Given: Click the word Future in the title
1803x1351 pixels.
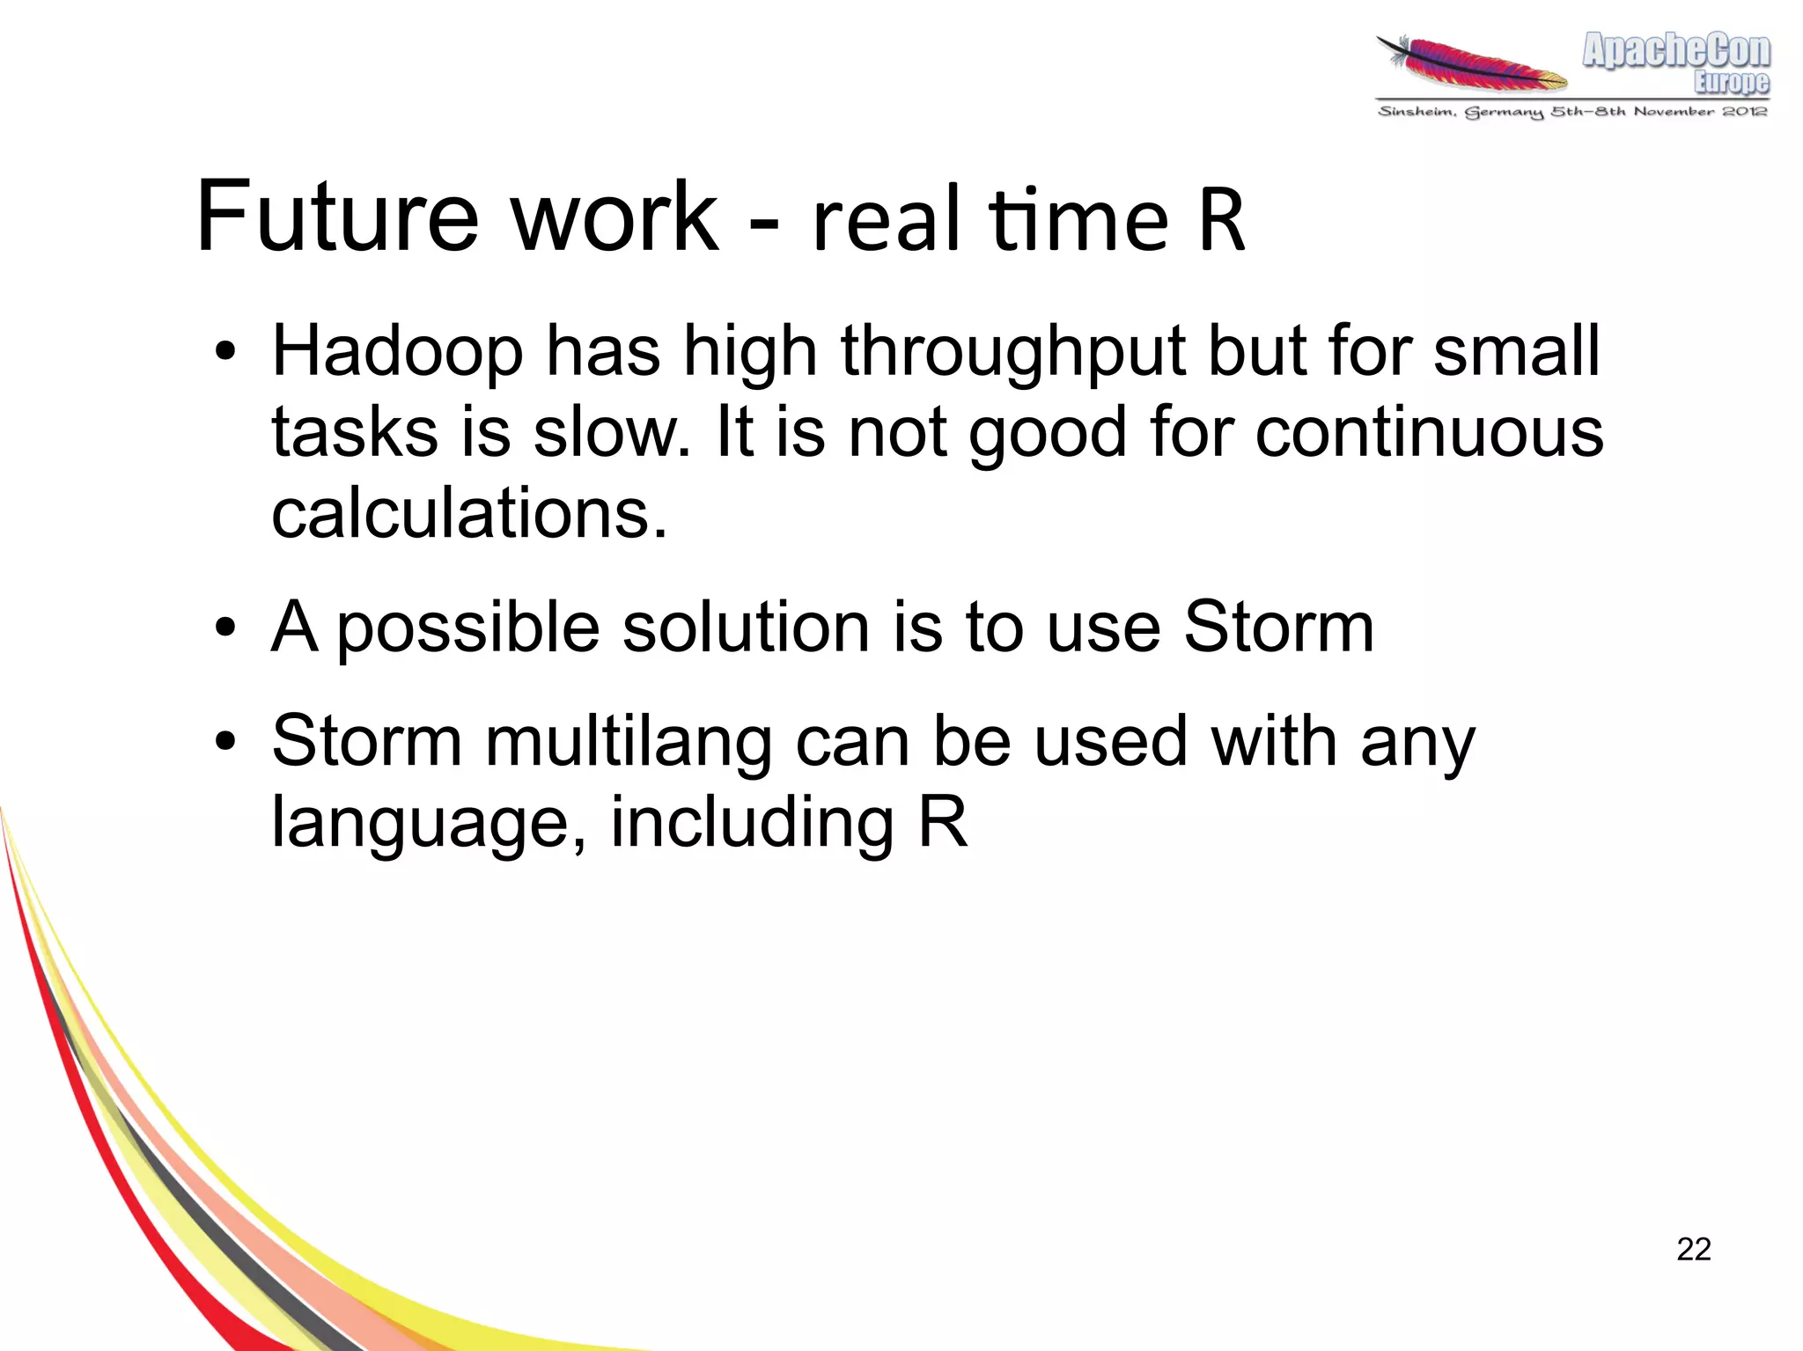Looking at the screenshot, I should click(x=337, y=217).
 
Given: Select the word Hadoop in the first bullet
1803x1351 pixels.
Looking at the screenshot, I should click(x=397, y=352).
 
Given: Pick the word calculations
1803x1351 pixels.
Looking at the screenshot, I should click(x=468, y=513).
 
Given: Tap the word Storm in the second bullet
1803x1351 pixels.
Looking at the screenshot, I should click(x=1277, y=627).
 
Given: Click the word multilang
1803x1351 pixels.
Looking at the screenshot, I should click(x=628, y=743).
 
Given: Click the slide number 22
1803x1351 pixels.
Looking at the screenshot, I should click(x=1693, y=1249).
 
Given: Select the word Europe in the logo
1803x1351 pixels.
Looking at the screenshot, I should click(x=1731, y=83).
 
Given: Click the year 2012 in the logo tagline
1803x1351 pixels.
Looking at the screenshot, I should click(x=1745, y=111).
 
